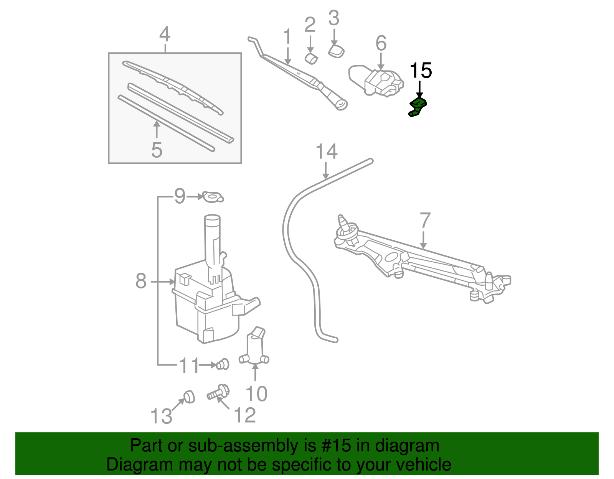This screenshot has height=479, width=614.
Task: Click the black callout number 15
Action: pos(421,71)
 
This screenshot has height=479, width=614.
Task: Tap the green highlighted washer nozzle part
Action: pos(417,106)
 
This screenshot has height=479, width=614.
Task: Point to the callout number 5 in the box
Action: pos(157,150)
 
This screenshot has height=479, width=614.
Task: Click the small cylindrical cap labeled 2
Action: pos(311,59)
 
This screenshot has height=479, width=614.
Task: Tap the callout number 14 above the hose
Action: pos(326,151)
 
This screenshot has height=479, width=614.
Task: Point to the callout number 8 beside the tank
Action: pos(141,281)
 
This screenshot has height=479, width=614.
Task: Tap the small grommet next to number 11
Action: pos(223,364)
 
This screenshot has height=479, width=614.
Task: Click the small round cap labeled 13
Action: pos(188,397)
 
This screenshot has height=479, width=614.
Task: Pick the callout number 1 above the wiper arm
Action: pos(287,37)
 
